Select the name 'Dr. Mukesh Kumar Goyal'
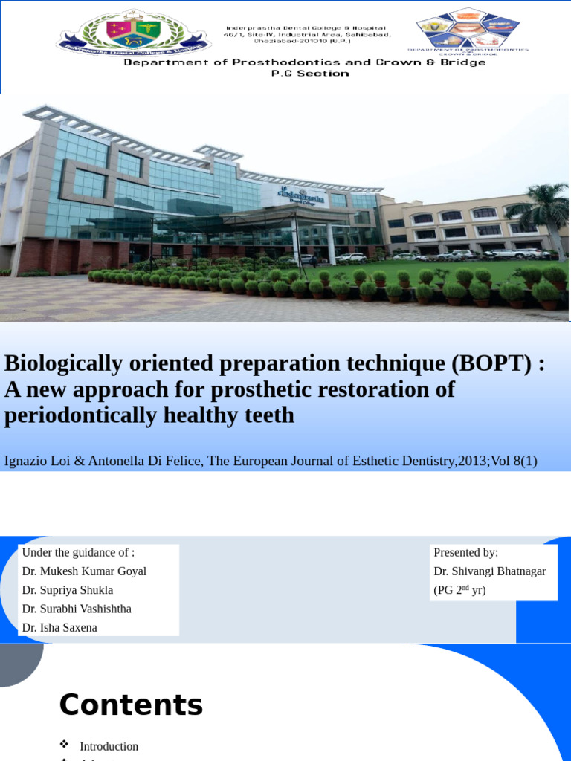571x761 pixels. click(84, 571)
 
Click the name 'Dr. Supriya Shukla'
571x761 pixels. click(68, 590)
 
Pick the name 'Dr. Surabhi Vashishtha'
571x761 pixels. click(77, 609)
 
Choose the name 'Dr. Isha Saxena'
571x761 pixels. click(59, 628)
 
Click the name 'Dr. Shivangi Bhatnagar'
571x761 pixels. click(489, 571)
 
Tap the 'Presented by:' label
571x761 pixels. click(465, 552)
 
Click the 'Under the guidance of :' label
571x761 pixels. click(78, 552)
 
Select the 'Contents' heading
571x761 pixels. click(131, 705)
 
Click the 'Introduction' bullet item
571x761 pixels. click(109, 746)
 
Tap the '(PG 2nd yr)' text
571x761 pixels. click(459, 591)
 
